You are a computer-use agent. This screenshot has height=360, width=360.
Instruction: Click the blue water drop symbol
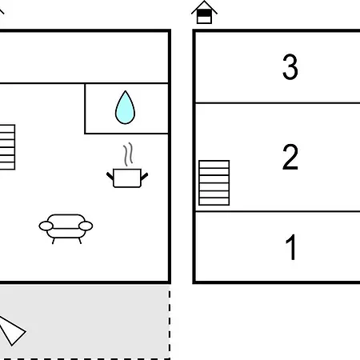click(x=125, y=108)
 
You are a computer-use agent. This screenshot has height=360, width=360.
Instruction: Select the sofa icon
click(x=66, y=229)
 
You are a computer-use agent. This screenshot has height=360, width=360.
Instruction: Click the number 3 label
click(x=290, y=66)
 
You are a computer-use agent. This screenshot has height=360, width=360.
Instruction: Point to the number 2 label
click(x=290, y=157)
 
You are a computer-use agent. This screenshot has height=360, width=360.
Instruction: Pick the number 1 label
click(x=291, y=247)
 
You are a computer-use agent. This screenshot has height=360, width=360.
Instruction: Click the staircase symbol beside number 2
click(x=214, y=183)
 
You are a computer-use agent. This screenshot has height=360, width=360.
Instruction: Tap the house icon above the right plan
click(x=204, y=12)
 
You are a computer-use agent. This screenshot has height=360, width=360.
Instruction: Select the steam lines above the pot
click(x=128, y=154)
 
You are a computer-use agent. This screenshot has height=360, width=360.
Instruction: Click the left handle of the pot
click(x=110, y=176)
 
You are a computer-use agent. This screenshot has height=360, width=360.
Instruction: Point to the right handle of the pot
click(x=144, y=176)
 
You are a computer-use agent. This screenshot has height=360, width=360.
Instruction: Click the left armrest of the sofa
click(x=46, y=226)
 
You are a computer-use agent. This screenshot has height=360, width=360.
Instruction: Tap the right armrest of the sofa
click(x=86, y=226)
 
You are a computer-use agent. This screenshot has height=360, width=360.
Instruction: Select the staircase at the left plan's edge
click(x=7, y=147)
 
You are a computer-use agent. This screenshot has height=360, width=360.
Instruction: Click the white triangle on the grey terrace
click(x=12, y=330)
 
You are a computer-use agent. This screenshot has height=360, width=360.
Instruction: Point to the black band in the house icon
click(x=204, y=13)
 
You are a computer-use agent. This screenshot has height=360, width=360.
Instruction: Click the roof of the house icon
click(x=204, y=7)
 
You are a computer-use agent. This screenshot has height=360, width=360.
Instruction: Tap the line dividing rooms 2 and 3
click(x=278, y=102)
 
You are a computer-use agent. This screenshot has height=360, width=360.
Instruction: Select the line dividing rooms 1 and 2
click(x=278, y=211)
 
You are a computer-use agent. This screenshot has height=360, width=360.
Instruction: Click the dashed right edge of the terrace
click(x=170, y=325)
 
